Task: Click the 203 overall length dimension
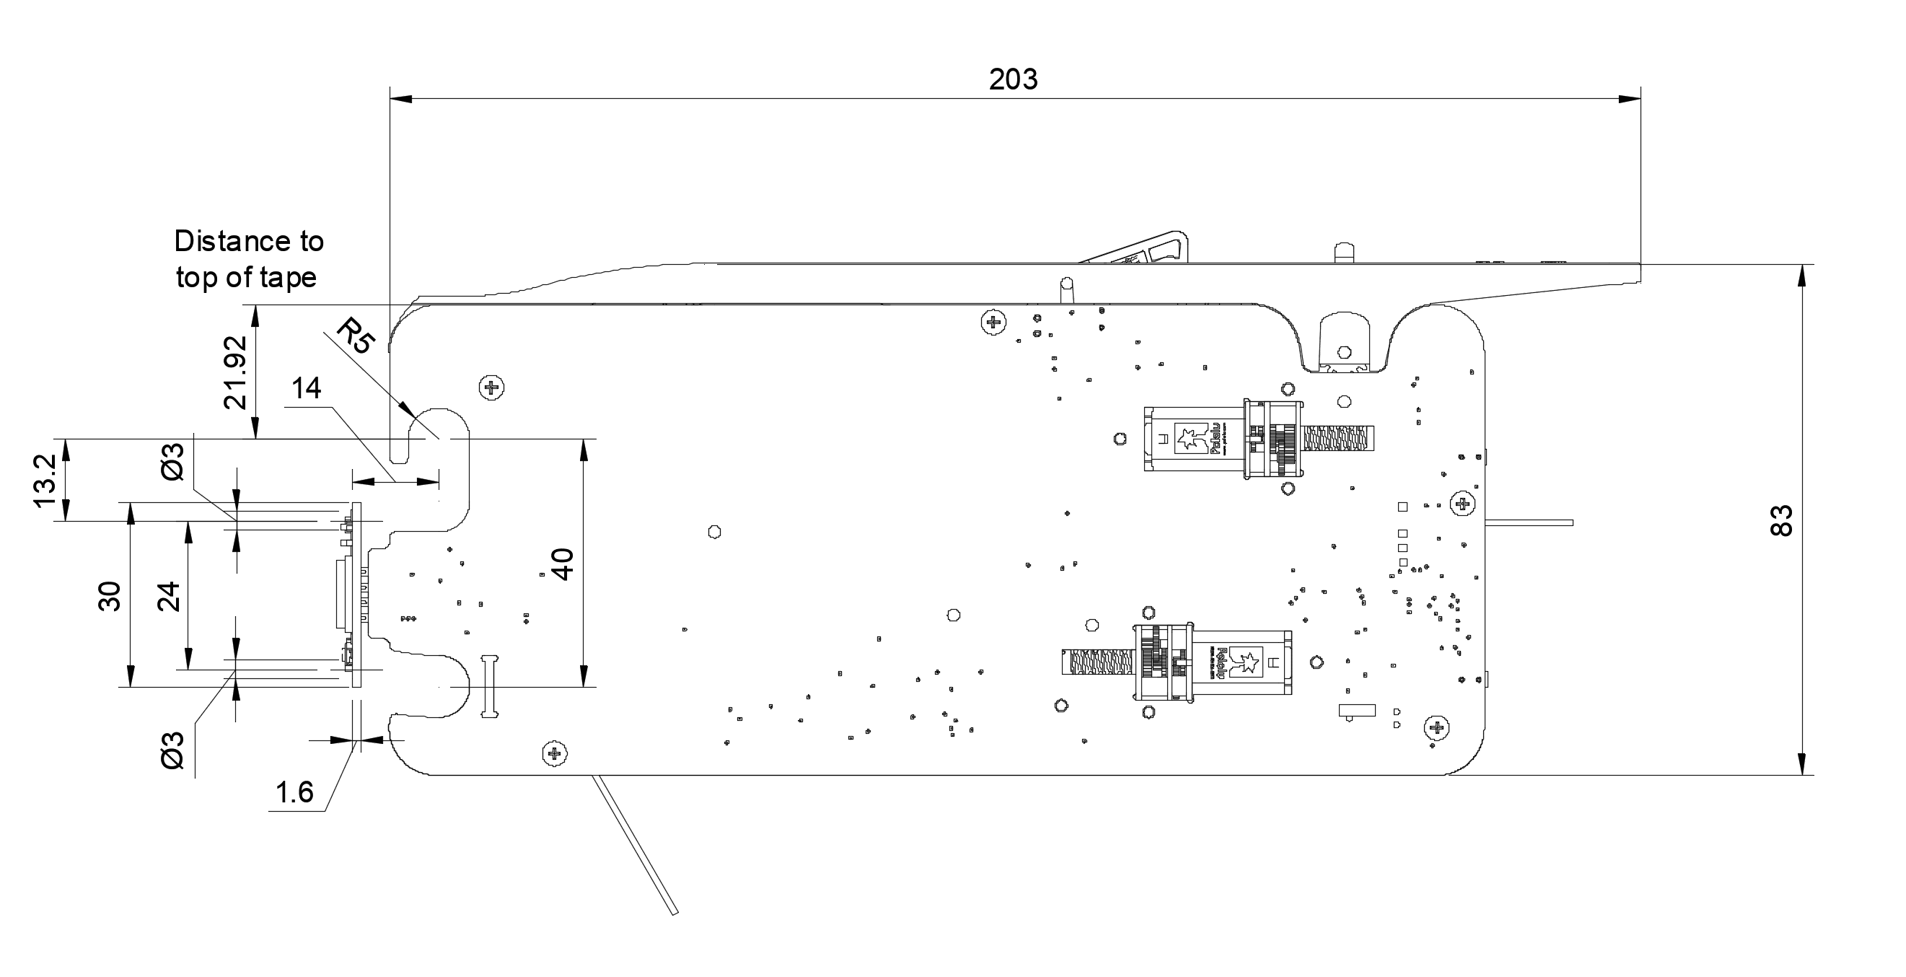pos(1013,79)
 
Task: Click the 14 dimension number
pos(307,389)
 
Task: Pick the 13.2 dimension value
pos(45,481)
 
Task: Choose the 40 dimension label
pos(563,564)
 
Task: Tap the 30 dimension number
pos(110,597)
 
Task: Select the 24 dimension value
pos(170,597)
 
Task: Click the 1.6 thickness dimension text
pos(294,793)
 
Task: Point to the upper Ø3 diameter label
pos(172,460)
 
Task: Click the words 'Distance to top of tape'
pos(248,259)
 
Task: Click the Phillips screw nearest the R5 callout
pos(492,387)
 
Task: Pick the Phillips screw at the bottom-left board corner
pos(554,754)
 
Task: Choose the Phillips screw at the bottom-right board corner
pos(1437,727)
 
